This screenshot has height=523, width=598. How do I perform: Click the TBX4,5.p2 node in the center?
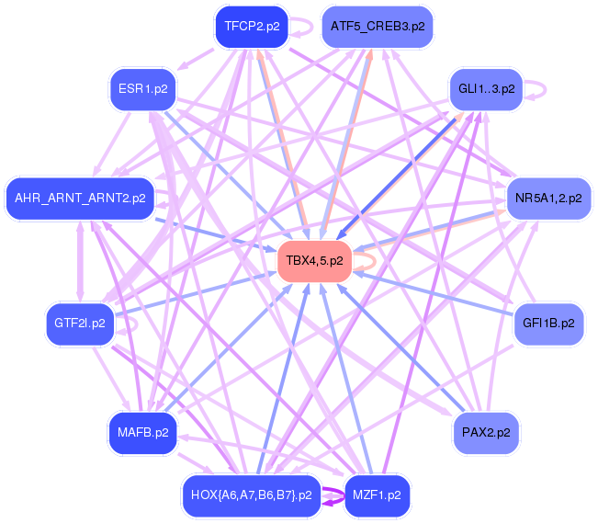point(314,261)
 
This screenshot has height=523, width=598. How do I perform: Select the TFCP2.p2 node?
point(251,26)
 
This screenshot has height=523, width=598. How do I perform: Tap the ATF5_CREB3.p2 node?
point(377,26)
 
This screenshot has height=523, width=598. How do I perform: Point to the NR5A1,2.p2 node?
point(547,197)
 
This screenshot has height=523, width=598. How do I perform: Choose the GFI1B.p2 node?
point(547,324)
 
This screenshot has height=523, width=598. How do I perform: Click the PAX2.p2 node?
point(486,431)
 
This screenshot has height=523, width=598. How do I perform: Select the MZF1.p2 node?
point(377,496)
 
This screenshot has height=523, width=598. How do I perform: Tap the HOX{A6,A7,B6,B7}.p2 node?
point(251,496)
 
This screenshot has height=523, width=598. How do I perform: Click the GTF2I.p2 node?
point(79,324)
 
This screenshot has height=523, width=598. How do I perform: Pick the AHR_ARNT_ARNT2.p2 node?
point(80,198)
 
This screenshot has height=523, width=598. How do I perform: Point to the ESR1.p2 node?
point(142,89)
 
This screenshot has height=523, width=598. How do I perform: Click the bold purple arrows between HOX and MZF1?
point(333,497)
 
